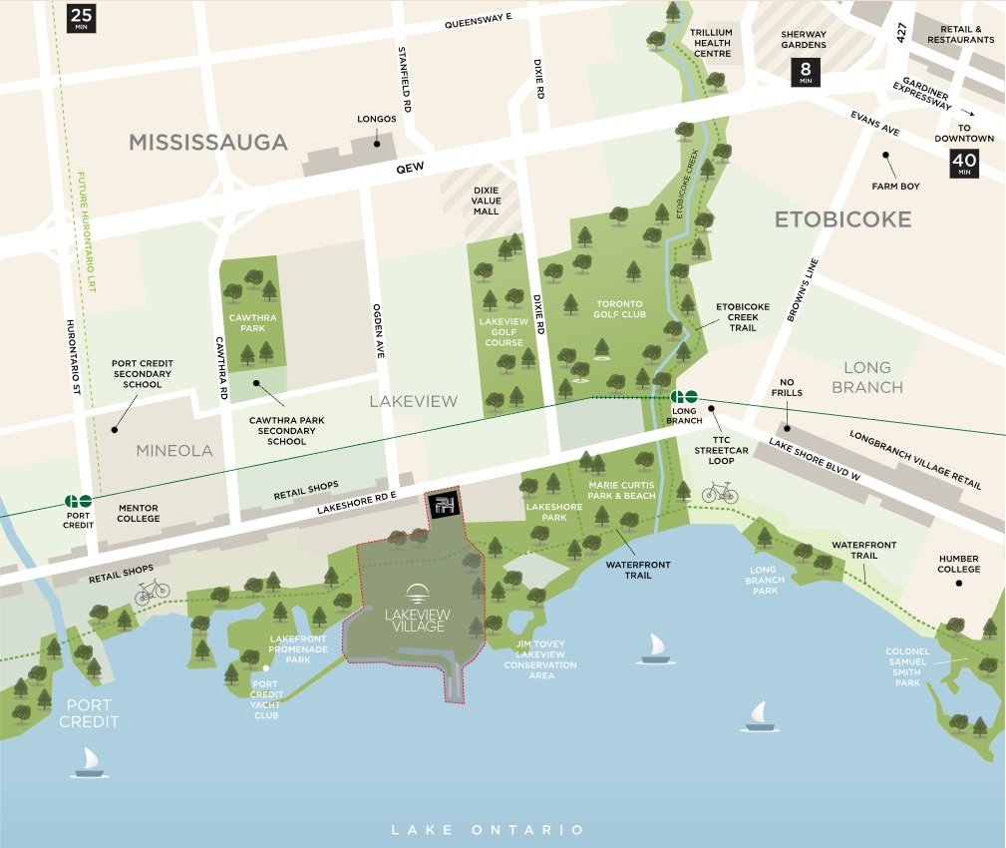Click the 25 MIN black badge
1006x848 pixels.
pyautogui.click(x=80, y=17)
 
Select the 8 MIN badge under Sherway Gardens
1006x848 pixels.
pyautogui.click(x=805, y=72)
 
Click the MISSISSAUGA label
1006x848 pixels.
pyautogui.click(x=208, y=143)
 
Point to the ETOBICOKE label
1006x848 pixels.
pyautogui.click(x=843, y=218)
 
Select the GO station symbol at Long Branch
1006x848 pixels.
pyautogui.click(x=684, y=396)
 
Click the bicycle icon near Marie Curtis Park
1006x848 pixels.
pyautogui.click(x=720, y=492)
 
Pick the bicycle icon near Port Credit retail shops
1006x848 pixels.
pyautogui.click(x=152, y=592)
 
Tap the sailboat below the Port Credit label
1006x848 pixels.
pyautogui.click(x=89, y=763)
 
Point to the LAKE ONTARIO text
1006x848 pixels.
pyautogui.click(x=488, y=830)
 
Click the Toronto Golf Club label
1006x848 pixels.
pyautogui.click(x=620, y=308)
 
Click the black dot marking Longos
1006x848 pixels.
pyautogui.click(x=377, y=143)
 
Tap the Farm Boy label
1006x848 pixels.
pyautogui.click(x=894, y=187)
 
